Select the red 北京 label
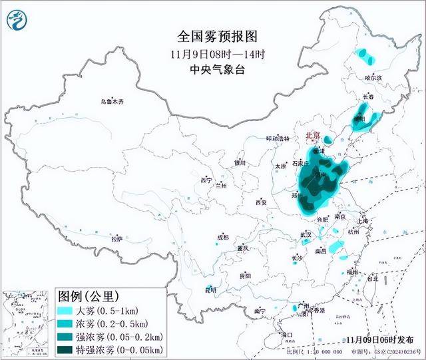[x=312, y=136]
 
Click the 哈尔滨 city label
[x=374, y=78]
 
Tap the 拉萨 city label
[x=117, y=238]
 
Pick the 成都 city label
[x=222, y=237]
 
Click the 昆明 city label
[x=210, y=289]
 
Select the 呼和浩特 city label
[x=279, y=138]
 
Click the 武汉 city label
[x=306, y=234]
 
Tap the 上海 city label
[x=363, y=221]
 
